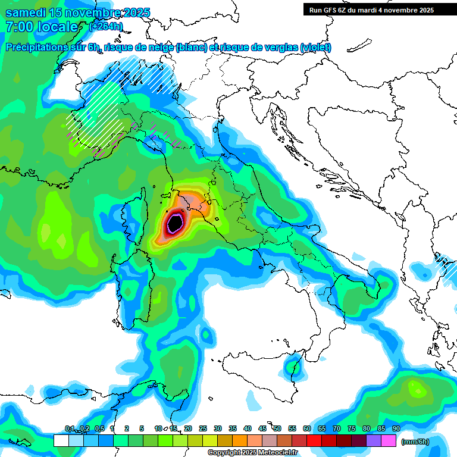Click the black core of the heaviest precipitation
(175, 223)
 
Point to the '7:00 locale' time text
(42, 27)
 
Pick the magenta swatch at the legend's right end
(389, 441)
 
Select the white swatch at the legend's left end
(61, 441)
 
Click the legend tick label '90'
(396, 429)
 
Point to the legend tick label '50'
(277, 429)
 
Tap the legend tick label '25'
(203, 429)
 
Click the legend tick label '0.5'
(99, 429)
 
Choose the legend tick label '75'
(351, 429)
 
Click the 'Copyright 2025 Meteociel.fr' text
(252, 453)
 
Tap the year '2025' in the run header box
(425, 10)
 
